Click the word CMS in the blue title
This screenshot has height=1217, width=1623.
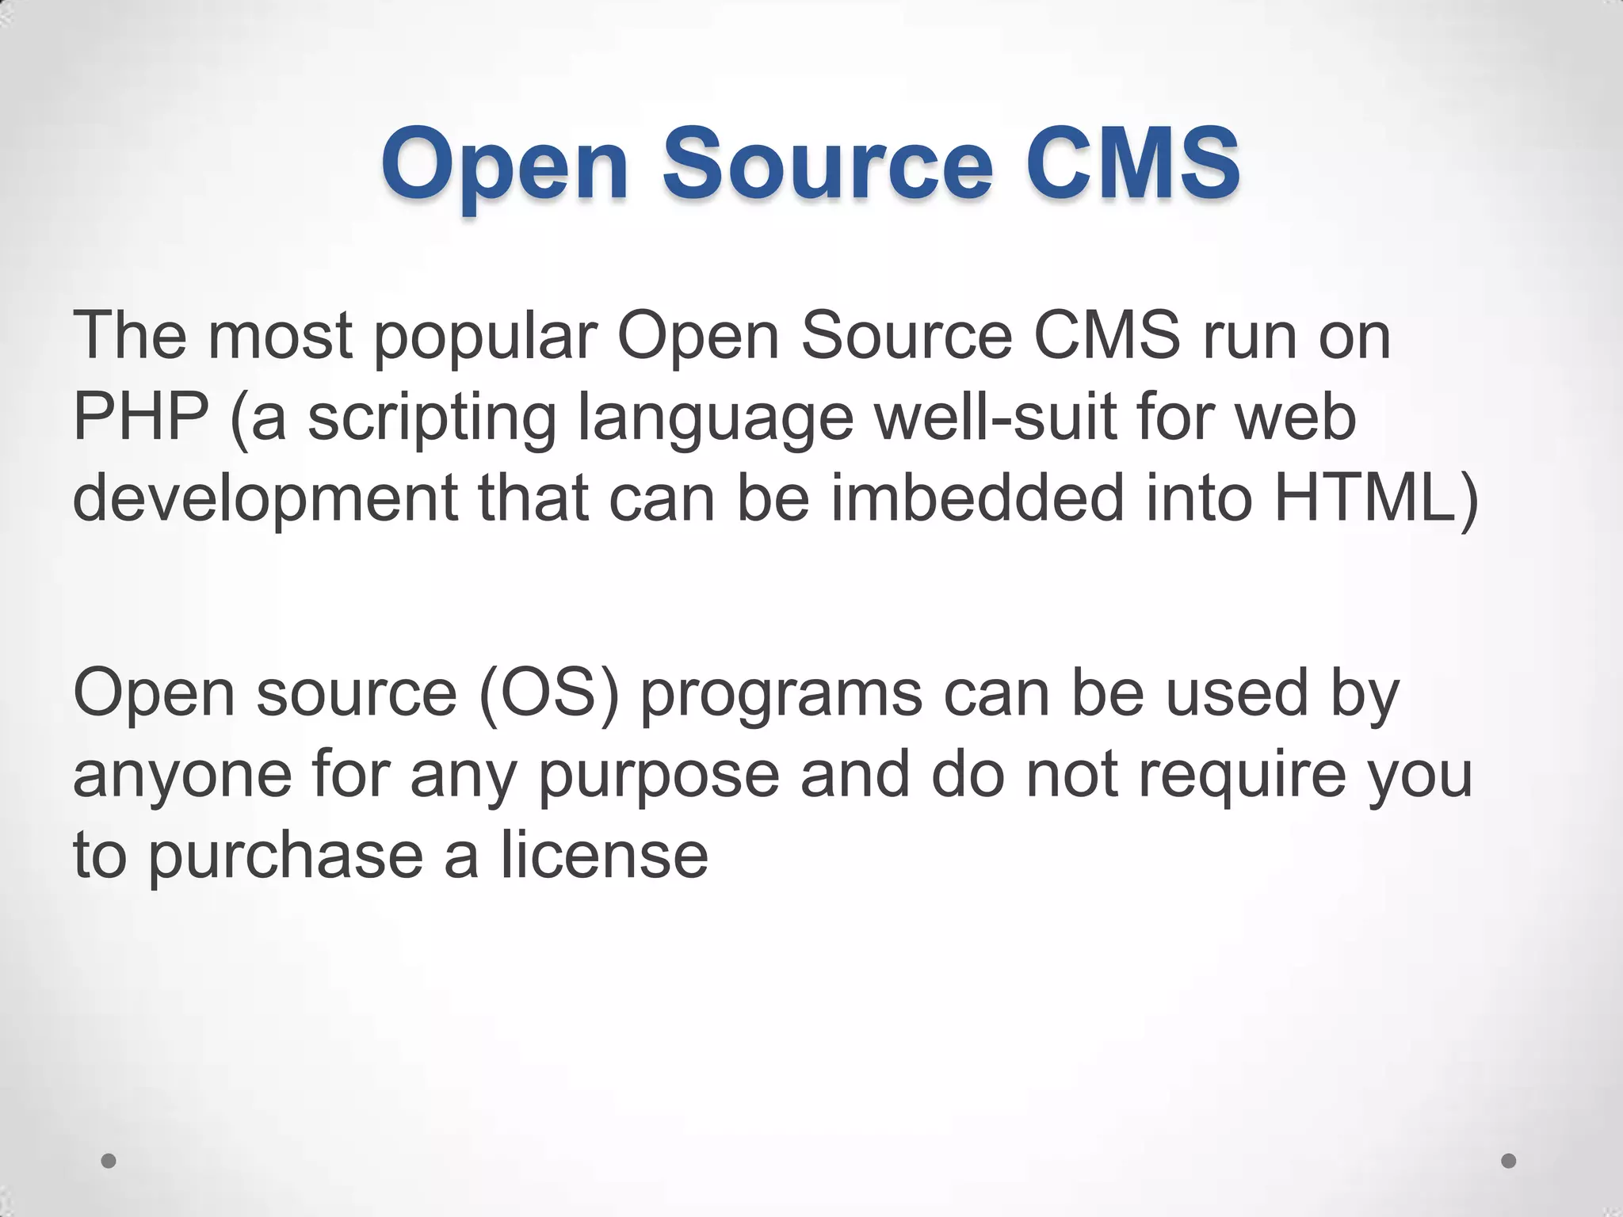tap(1132, 163)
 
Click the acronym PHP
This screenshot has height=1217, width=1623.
tap(141, 417)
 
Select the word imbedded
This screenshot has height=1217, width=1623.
tap(977, 498)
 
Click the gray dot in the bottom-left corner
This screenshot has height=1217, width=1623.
tap(109, 1161)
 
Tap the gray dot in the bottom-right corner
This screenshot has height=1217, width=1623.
tap(1509, 1161)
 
